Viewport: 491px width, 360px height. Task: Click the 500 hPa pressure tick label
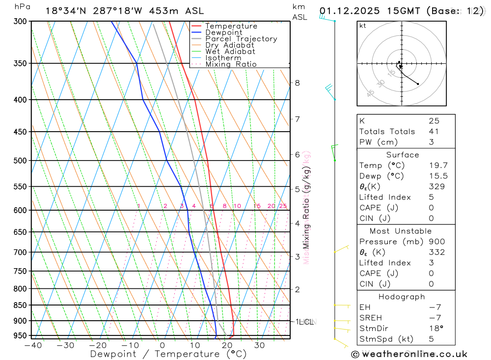pos(20,161)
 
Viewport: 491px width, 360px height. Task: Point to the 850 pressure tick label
pos(20,305)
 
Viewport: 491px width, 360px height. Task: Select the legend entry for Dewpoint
pos(223,32)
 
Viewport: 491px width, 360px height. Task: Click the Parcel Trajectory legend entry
pos(241,39)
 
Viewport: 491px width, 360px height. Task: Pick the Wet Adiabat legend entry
pos(230,52)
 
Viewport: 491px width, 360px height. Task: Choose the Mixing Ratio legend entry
pos(231,64)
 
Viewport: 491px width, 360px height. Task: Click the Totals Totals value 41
pos(434,131)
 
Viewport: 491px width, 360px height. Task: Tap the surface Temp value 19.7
pos(438,166)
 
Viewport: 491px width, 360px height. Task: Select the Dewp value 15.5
pos(438,176)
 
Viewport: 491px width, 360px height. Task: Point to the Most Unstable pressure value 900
pos(436,241)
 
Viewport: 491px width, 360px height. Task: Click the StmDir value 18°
pos(436,328)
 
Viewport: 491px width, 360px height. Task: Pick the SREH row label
pos(371,318)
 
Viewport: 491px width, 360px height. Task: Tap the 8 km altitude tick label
pos(297,83)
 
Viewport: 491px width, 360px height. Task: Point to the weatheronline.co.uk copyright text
pos(409,354)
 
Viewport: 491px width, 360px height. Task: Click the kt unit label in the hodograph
pos(363,26)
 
